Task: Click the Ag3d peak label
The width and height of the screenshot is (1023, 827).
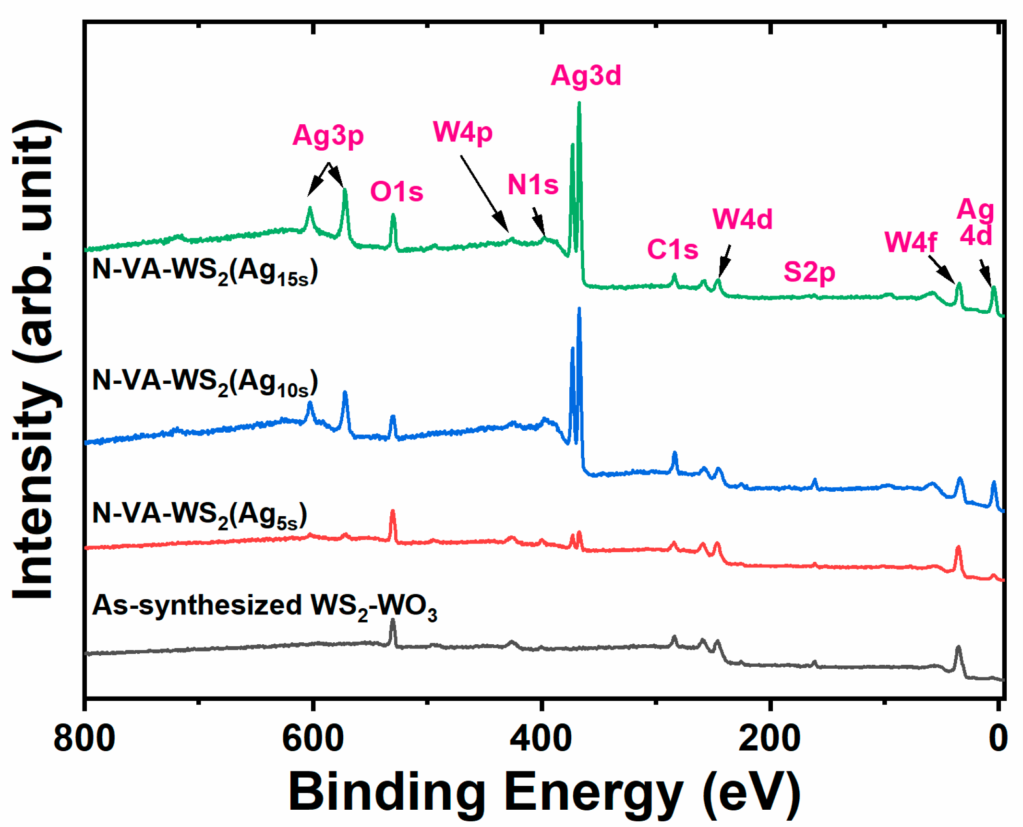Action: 586,76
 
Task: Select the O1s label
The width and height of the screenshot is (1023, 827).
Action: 397,191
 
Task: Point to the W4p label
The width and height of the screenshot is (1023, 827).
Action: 463,131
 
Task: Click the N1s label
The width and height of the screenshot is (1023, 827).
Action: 533,184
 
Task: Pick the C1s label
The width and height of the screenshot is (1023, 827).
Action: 673,249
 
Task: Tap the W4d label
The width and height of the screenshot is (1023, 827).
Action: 742,219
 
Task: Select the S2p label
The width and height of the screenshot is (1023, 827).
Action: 809,272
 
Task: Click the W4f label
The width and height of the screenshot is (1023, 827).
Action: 910,242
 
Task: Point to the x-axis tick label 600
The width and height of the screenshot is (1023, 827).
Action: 313,739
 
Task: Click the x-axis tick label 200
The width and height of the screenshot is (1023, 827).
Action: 770,739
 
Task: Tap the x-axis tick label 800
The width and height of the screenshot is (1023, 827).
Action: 84,739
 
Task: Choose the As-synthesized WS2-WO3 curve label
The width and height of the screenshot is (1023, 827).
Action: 264,606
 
